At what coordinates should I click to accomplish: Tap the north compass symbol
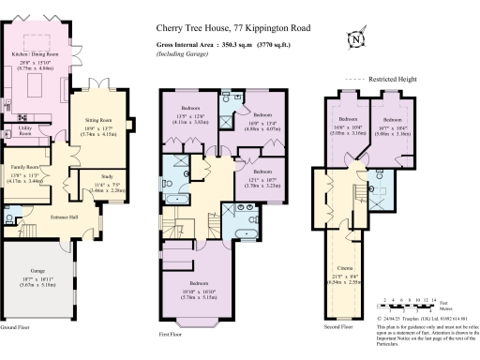pos(356,39)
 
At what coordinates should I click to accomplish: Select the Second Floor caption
pos(338,327)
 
